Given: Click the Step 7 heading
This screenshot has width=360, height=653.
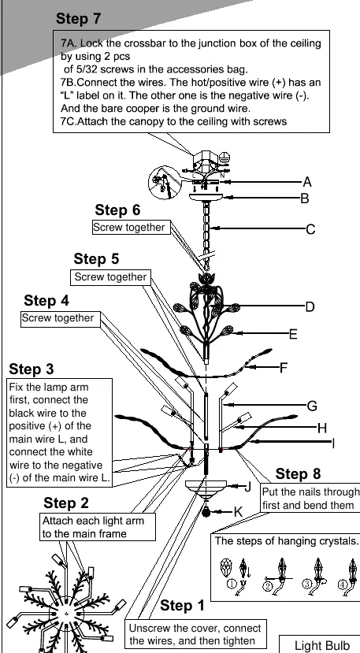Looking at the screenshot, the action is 78,19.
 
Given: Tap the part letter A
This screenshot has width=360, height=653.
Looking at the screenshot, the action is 307,182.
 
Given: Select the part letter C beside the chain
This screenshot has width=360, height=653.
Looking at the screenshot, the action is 310,229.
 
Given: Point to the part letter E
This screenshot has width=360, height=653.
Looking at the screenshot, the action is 293,334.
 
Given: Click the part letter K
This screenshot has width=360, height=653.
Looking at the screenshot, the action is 238,512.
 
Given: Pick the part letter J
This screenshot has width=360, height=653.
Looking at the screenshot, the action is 247,487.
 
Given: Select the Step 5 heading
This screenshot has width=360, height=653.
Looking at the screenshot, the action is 96,258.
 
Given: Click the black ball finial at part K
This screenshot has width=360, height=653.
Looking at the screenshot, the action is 206,512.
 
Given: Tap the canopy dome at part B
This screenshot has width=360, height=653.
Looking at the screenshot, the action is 206,197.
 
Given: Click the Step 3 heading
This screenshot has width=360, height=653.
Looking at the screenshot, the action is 32,369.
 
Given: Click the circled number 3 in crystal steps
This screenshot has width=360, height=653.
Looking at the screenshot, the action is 307,584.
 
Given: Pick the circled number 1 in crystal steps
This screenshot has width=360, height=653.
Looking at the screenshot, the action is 232,584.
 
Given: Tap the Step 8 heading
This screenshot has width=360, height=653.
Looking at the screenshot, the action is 298,473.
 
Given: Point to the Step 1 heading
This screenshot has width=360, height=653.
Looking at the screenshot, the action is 182,605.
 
